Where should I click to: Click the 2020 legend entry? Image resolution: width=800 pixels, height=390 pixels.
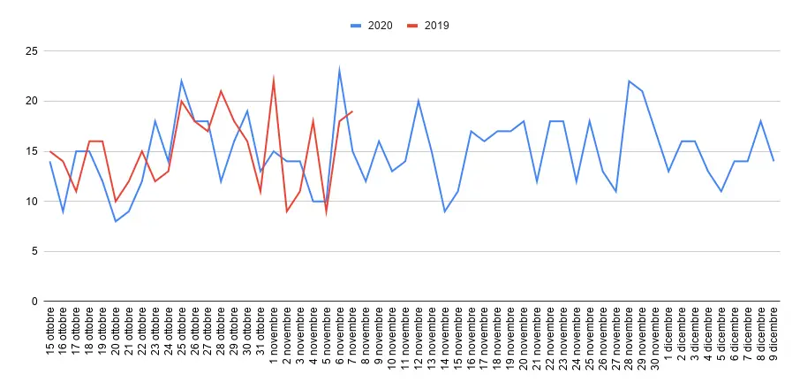tap(372, 26)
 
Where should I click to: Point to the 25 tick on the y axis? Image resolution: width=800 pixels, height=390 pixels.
tap(32, 51)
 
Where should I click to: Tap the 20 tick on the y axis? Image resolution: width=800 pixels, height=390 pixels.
tap(32, 101)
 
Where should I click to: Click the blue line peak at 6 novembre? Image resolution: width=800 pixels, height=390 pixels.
tap(339, 71)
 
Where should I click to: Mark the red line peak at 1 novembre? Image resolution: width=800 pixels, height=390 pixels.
tap(274, 80)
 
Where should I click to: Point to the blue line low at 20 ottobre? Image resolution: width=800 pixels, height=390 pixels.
tap(116, 221)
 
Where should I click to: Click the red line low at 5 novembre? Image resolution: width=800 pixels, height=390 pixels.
tap(326, 211)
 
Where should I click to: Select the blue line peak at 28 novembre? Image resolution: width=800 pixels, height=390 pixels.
tap(629, 81)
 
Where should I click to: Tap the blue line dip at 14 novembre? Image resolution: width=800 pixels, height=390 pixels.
tap(444, 211)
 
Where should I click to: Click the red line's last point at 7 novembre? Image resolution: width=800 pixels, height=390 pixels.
tap(352, 111)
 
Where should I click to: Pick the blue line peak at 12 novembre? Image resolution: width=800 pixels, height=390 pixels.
tap(418, 101)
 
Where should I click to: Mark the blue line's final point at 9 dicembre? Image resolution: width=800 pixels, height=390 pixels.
tap(774, 161)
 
